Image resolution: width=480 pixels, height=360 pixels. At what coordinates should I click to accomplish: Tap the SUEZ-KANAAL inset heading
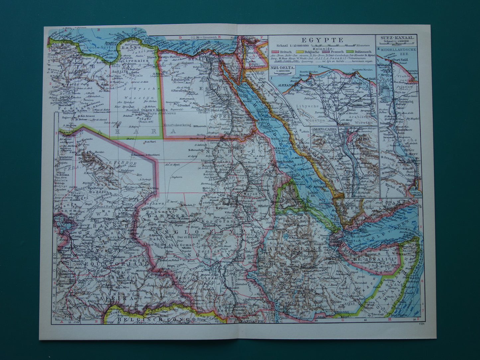[397, 38]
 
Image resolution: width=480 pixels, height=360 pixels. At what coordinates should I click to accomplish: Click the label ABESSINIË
[301, 248]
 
